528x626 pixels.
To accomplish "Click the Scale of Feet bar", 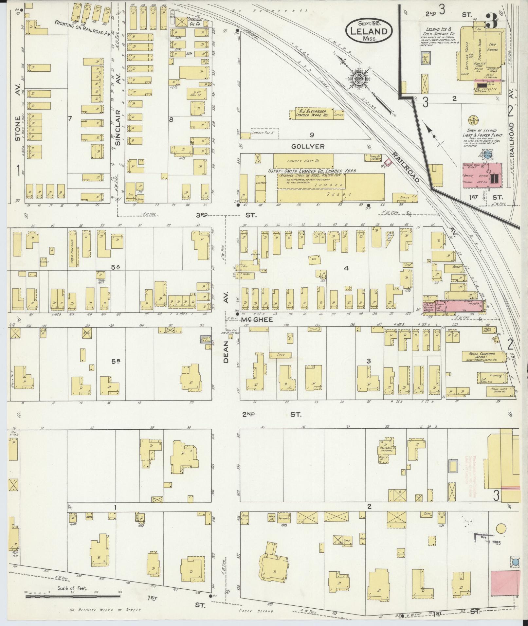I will click(74, 597).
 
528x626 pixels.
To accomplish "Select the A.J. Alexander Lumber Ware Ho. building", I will click(311, 114).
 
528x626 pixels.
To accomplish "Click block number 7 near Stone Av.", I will click(69, 118).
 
